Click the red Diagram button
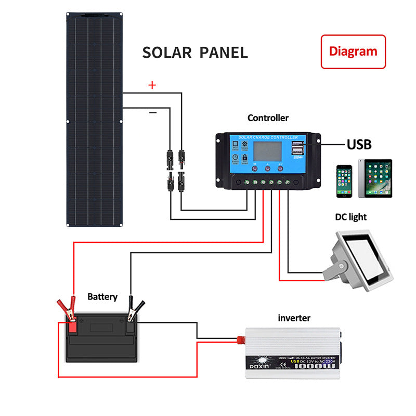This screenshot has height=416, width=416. coord(353,51)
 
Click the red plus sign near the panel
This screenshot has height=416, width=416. coord(152,85)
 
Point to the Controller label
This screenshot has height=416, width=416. coord(268,118)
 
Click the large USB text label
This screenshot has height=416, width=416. coord(366,144)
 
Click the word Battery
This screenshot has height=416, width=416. coord(102,297)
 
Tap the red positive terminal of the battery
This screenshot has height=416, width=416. coord(72,327)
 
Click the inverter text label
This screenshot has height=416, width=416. coord(294,318)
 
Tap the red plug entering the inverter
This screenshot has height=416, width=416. coord(241,341)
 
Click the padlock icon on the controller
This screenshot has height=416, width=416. coord(245,157)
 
